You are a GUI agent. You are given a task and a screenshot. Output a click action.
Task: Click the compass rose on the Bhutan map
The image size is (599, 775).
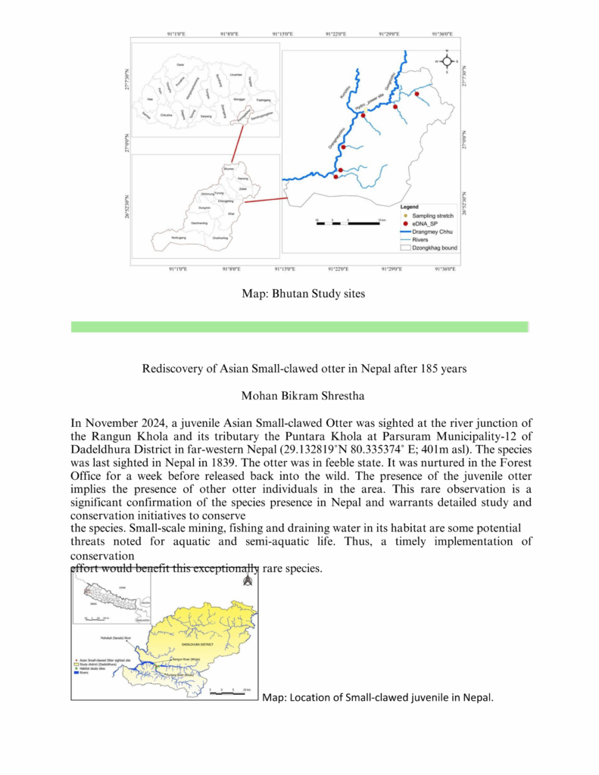447,62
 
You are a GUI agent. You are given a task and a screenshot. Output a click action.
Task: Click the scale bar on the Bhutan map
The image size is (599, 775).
348,223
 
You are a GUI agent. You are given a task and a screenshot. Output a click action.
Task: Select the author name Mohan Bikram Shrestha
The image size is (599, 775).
299,395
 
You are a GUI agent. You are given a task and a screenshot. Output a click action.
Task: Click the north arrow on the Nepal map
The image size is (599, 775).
246,580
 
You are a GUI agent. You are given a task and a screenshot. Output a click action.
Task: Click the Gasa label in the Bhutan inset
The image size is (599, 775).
180,65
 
